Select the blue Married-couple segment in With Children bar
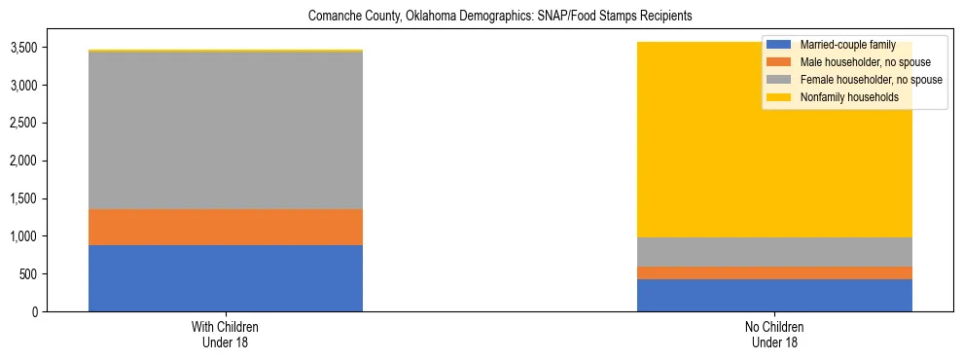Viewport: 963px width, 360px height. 225,278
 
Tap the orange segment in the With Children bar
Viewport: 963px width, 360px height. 225,227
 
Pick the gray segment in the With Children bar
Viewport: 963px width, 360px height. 225,130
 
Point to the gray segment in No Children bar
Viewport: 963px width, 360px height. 774,252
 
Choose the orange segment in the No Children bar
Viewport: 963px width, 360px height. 774,272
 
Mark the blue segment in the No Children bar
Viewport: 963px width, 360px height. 774,295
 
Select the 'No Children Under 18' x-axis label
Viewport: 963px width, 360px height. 774,335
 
